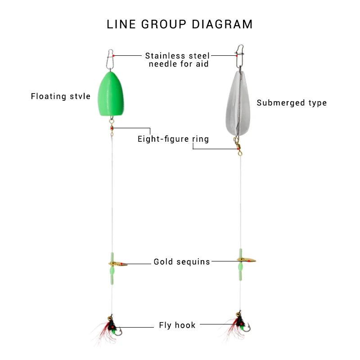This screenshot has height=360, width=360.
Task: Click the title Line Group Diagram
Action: (180, 24)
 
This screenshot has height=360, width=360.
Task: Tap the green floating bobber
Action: (111, 93)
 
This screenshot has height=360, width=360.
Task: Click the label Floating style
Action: (61, 96)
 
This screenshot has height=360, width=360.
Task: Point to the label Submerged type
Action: (292, 103)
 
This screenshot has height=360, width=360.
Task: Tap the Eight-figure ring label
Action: (173, 139)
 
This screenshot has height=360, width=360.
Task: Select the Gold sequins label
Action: (182, 261)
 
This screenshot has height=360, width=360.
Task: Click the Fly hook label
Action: (177, 325)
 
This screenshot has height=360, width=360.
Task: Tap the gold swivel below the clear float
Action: (238, 146)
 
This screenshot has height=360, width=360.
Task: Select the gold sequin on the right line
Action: (247, 261)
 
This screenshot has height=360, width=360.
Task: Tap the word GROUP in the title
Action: (163, 24)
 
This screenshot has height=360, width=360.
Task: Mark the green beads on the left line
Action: (112, 272)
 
